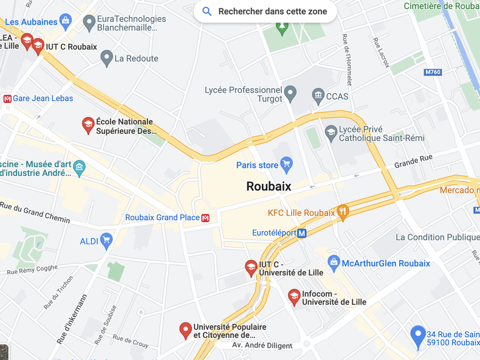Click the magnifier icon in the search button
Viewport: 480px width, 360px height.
point(207,12)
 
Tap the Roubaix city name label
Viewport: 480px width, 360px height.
point(269,186)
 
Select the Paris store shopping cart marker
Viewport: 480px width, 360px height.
point(287,165)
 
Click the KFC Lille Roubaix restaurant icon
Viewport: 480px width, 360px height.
point(343,212)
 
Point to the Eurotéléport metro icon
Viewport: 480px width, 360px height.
point(302,233)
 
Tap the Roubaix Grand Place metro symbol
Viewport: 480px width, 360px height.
point(205,218)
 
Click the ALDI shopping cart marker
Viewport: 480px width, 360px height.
point(106,241)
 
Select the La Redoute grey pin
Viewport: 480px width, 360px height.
point(107,58)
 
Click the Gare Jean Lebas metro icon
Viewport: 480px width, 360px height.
point(7,99)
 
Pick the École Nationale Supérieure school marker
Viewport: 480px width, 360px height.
point(88,125)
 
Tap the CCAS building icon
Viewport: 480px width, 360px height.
point(318,95)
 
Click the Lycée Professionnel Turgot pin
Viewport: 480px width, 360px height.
point(290,94)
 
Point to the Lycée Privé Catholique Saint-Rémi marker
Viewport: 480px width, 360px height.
point(331,133)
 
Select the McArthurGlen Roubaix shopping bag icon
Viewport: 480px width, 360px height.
point(333,263)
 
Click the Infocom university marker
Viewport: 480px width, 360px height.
point(294,297)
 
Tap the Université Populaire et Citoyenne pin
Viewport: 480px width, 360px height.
point(187,330)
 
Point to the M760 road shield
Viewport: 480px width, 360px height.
point(433,72)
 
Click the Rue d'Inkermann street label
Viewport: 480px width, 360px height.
point(72,319)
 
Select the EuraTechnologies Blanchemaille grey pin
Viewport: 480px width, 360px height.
point(89,23)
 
